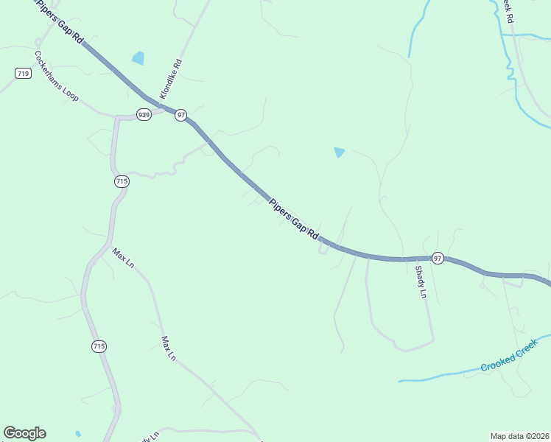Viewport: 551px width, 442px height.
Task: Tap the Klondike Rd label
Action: tap(170, 80)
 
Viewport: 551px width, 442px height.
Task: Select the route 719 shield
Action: tap(22, 73)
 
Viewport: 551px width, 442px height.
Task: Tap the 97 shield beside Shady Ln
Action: tap(438, 258)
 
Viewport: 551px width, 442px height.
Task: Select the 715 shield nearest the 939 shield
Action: tap(122, 181)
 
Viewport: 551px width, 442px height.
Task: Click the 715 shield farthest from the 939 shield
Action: tap(99, 345)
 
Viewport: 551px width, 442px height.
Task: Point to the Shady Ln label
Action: tap(421, 282)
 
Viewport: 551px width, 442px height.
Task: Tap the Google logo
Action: tap(24, 433)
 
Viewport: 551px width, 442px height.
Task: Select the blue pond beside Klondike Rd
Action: tap(138, 57)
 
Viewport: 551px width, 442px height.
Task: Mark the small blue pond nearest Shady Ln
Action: tap(339, 152)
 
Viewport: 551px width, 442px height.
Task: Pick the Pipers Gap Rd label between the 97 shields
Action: tap(293, 219)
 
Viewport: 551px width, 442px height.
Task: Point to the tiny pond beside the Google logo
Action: tap(78, 433)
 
